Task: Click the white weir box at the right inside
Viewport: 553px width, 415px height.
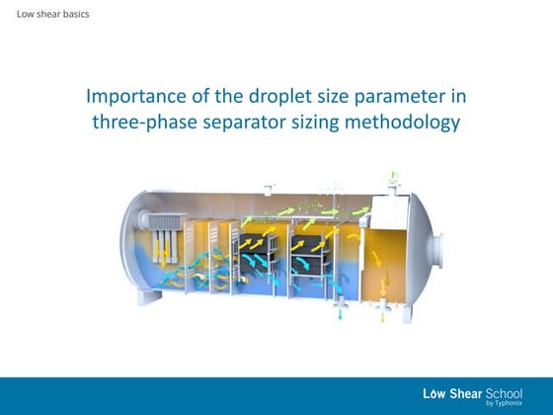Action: (388, 212)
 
